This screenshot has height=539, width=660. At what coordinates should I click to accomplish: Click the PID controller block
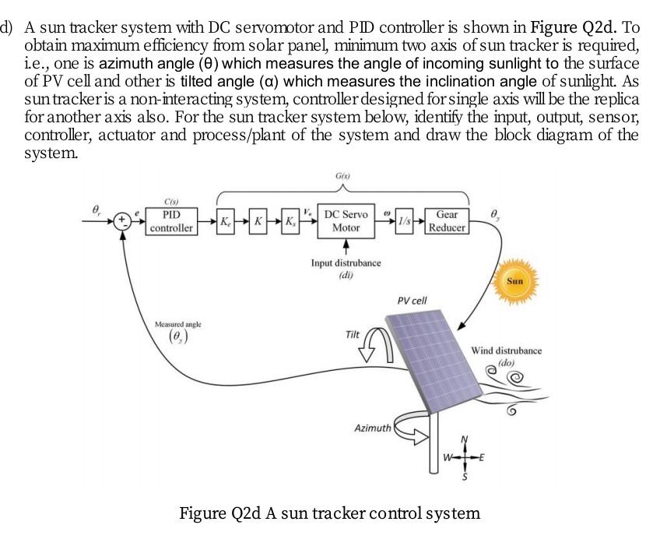(x=171, y=220)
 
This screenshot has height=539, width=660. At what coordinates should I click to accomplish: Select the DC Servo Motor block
(x=346, y=220)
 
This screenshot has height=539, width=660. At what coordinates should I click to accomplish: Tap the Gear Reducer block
(x=447, y=220)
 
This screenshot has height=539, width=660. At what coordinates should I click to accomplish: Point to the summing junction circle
(x=123, y=220)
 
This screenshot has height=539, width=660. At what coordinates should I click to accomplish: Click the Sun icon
(x=514, y=280)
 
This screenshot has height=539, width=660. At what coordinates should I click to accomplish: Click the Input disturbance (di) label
(x=346, y=268)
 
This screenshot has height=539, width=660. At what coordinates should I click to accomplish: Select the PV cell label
(x=412, y=300)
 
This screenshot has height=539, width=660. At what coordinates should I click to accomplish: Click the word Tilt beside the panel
(x=353, y=334)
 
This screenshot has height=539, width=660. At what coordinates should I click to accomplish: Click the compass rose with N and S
(x=465, y=458)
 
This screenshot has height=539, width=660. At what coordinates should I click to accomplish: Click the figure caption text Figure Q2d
(x=330, y=513)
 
